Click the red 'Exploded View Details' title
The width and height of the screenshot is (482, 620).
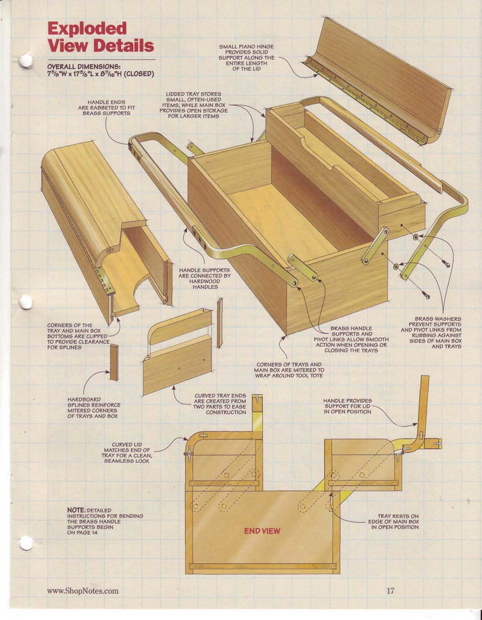pyautogui.click(x=100, y=37)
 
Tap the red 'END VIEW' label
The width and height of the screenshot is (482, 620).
pyautogui.click(x=262, y=531)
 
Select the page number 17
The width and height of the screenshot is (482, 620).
pyautogui.click(x=390, y=590)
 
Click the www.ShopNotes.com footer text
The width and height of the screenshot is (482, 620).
pyautogui.click(x=83, y=591)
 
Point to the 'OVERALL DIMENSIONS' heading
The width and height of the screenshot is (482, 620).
pyautogui.click(x=84, y=66)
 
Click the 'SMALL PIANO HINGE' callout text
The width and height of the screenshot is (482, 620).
pyautogui.click(x=247, y=58)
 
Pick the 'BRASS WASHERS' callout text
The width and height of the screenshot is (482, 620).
pyautogui.click(x=431, y=332)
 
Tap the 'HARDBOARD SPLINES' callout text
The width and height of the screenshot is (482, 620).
pyautogui.click(x=94, y=407)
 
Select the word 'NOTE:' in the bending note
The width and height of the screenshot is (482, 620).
pyautogui.click(x=76, y=511)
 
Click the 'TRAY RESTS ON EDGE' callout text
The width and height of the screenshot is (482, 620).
pyautogui.click(x=393, y=521)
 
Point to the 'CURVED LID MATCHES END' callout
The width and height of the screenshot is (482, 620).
pyautogui.click(x=126, y=453)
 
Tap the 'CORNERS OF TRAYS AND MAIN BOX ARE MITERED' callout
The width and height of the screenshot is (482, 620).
pyautogui.click(x=289, y=370)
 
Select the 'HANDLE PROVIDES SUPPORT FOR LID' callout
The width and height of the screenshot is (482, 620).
pyautogui.click(x=347, y=406)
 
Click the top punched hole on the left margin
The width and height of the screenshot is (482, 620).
pyautogui.click(x=26, y=61)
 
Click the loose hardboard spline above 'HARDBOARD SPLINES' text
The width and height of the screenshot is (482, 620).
pyautogui.click(x=114, y=362)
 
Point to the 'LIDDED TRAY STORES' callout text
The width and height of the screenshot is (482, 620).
pyautogui.click(x=193, y=105)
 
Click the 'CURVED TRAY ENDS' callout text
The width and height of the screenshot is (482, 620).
pyautogui.click(x=220, y=404)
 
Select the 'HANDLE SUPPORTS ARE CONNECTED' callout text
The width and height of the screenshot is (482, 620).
pyautogui.click(x=204, y=278)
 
